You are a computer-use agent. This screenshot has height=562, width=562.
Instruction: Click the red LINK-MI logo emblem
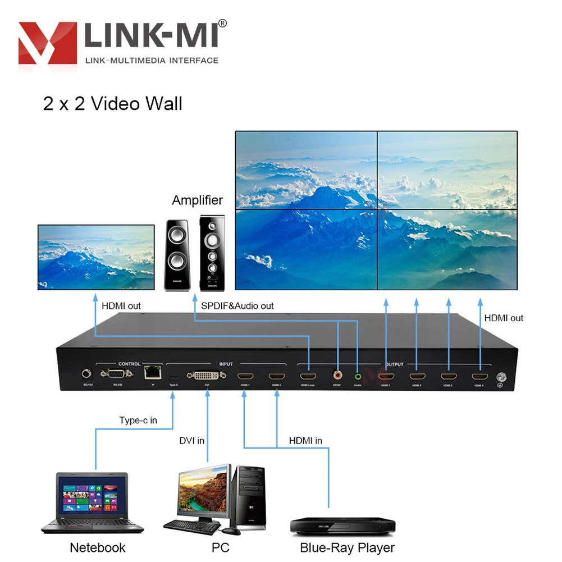[x=48, y=43]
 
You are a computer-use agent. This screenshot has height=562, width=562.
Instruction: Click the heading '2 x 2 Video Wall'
[x=112, y=104]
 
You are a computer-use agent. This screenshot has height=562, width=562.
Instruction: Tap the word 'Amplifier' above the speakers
[x=197, y=200]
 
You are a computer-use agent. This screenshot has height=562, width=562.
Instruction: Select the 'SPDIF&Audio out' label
[x=237, y=306]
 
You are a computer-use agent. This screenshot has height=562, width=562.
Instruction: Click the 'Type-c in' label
[x=138, y=420]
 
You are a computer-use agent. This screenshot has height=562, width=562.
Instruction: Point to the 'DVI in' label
[x=191, y=441]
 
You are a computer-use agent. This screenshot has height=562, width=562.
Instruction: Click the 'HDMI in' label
[x=305, y=441]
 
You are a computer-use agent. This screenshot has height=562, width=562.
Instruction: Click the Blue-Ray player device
[x=342, y=526]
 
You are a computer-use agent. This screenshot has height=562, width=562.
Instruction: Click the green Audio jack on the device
[x=358, y=375]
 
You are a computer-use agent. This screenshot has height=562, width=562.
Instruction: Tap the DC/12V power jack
[x=86, y=373]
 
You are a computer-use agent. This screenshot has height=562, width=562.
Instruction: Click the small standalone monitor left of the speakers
[x=96, y=257]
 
